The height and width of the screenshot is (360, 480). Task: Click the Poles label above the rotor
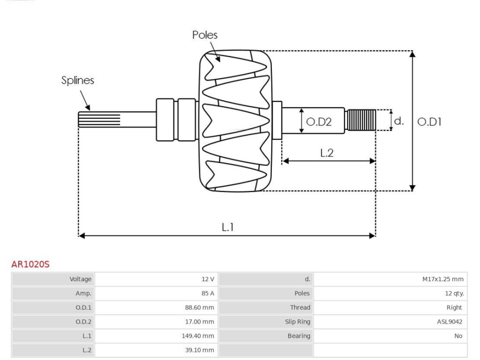[x=205, y=35]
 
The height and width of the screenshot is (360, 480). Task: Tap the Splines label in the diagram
[x=78, y=80]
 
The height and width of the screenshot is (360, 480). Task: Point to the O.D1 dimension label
[x=429, y=122]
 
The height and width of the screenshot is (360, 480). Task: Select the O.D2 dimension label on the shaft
[x=319, y=122]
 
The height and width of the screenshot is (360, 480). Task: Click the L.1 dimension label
[x=227, y=227]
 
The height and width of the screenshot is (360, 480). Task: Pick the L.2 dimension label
[x=327, y=153]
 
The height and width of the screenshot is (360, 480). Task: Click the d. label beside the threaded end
[x=399, y=121]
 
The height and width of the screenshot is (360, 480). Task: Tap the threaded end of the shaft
[x=360, y=120]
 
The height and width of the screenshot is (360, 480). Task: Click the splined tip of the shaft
[x=99, y=120]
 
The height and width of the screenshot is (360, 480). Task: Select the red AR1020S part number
[x=30, y=264]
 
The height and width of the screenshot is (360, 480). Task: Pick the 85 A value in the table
[x=208, y=293]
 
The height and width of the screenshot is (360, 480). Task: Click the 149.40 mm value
[x=198, y=336]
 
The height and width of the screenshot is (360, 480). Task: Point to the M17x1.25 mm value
[x=443, y=279]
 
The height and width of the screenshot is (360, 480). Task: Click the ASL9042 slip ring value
[x=450, y=322]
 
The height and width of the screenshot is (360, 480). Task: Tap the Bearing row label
[x=299, y=336]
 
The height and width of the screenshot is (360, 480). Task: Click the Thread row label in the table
[x=300, y=307]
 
